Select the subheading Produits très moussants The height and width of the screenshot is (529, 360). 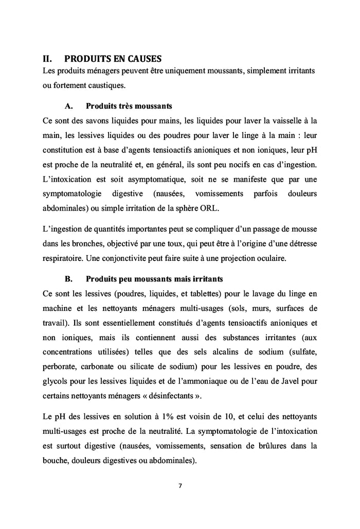tap(129, 107)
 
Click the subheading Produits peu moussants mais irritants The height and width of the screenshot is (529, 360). tap(154, 280)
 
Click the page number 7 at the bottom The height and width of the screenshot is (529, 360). tap(180, 485)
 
